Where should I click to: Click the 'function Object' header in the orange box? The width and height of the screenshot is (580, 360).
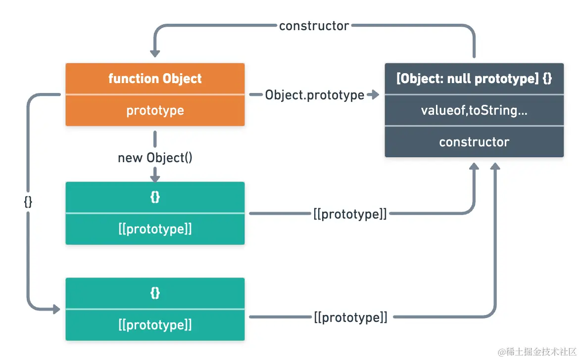pyautogui.click(x=155, y=79)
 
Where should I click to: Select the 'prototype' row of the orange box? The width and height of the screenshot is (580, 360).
pyautogui.click(x=155, y=110)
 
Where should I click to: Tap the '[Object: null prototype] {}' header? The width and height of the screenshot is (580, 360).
pyautogui.click(x=474, y=79)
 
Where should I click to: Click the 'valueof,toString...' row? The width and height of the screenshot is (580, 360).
pyautogui.click(x=474, y=110)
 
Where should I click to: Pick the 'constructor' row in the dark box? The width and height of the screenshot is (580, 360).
pyautogui.click(x=474, y=142)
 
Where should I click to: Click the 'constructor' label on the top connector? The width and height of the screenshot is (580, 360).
pyautogui.click(x=314, y=26)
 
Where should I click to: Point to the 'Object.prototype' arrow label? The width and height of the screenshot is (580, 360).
pyautogui.click(x=315, y=95)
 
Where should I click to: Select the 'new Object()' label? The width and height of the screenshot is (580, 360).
pyautogui.click(x=155, y=158)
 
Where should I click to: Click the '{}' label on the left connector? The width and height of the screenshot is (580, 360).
pyautogui.click(x=28, y=202)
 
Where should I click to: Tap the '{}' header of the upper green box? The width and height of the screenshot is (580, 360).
pyautogui.click(x=155, y=197)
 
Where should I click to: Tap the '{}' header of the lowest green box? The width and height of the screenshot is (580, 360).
pyautogui.click(x=155, y=293)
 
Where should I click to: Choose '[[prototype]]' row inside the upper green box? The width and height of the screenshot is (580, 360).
pyautogui.click(x=155, y=229)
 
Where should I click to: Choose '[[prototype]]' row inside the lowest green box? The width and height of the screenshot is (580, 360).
pyautogui.click(x=155, y=325)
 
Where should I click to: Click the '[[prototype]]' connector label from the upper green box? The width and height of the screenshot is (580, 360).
pyautogui.click(x=350, y=214)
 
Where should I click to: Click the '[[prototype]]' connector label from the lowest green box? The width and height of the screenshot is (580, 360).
pyautogui.click(x=350, y=317)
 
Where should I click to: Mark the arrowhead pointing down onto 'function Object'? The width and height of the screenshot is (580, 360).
pyautogui.click(x=155, y=51)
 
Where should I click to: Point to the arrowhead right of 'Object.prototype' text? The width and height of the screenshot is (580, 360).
pyautogui.click(x=374, y=94)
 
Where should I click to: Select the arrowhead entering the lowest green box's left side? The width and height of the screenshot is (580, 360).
pyautogui.click(x=55, y=309)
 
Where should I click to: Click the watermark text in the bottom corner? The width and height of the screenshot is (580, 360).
pyautogui.click(x=537, y=352)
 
